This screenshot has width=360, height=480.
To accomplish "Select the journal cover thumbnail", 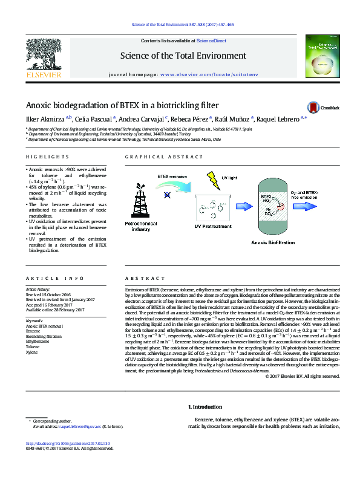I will tap(318, 57).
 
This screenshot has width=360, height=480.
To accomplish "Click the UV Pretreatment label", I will tap(212, 226).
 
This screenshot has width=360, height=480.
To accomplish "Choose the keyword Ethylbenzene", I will tap(38, 341).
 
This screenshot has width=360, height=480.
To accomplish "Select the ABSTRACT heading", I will tap(140, 279).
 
